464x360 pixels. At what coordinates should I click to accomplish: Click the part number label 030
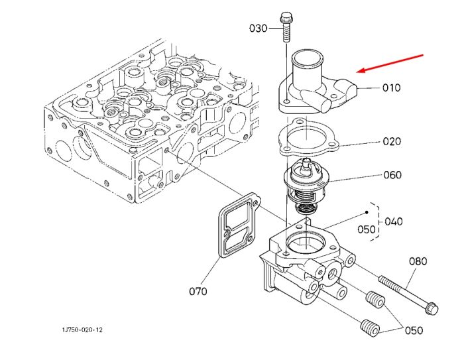pos(258,29)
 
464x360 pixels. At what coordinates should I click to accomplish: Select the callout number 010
pos(392,88)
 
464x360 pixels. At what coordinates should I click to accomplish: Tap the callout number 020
pos(392,141)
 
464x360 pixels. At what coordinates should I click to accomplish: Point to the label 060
pos(392,175)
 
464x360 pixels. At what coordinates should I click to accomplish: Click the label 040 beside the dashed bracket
pos(394,221)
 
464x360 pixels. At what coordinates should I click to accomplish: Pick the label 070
pos(198,292)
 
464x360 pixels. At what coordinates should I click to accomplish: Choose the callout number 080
pos(418,261)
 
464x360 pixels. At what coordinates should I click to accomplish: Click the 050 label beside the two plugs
pos(414,330)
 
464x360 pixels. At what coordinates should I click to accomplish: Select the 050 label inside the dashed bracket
pos(367,229)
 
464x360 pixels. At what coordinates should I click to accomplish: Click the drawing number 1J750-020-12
pos(82,330)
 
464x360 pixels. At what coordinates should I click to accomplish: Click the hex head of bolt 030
pos(286,17)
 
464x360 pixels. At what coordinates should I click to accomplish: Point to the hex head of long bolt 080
pos(431,308)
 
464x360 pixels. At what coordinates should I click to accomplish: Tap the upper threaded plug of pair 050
pos(375,300)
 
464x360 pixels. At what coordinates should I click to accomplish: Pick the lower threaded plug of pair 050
pos(371,328)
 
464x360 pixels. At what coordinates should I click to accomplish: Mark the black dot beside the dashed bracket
pos(367,212)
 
